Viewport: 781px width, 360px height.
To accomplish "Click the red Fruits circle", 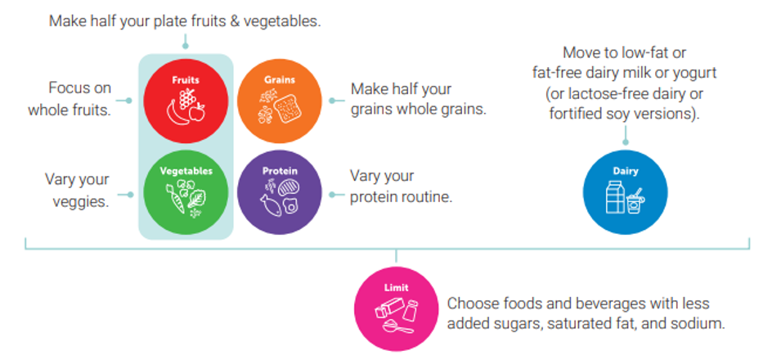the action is [x=186, y=101].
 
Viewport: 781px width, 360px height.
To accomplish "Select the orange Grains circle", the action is [x=280, y=101].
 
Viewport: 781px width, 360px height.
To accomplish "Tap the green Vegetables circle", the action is [x=186, y=192].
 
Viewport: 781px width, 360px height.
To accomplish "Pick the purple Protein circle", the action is [x=280, y=192].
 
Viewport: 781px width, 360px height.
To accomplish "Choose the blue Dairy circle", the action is [x=625, y=192].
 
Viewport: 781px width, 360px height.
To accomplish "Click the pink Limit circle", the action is [x=397, y=308].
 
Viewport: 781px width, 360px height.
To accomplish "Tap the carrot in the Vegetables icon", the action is [x=175, y=200].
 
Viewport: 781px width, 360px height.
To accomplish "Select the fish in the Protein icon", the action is [x=271, y=205].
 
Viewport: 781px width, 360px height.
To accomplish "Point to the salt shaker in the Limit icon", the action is [x=411, y=309].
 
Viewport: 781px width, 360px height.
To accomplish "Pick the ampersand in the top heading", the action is [x=235, y=22].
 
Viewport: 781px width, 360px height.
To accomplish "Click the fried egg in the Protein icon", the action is [x=290, y=205].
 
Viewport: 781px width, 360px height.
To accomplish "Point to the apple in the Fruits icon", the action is [x=197, y=112].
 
